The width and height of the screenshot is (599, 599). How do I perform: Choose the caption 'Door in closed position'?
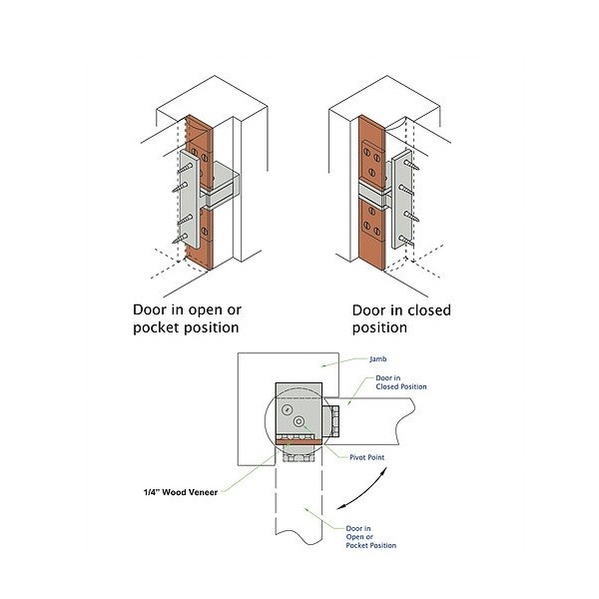[401, 317]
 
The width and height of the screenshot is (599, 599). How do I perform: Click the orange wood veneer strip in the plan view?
[299, 443]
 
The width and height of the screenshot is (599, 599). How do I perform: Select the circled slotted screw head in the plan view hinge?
[288, 409]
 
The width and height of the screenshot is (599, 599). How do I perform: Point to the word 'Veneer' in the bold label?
[214, 491]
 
